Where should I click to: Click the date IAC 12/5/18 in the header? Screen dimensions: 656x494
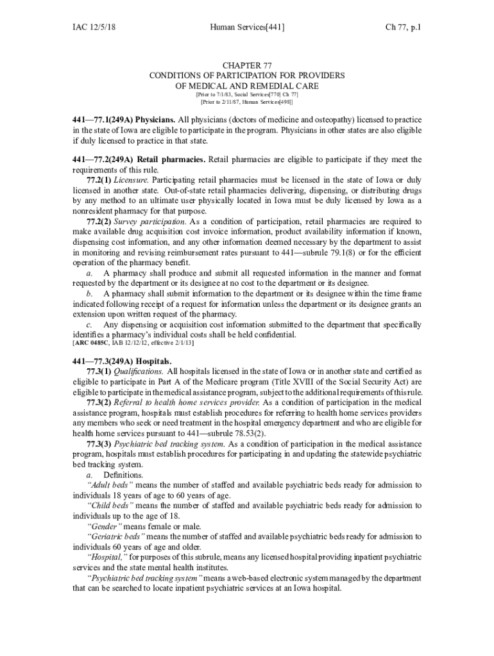click(x=98, y=28)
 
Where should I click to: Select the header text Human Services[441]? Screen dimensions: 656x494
click(x=247, y=28)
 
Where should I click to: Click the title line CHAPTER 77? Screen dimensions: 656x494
click(x=247, y=66)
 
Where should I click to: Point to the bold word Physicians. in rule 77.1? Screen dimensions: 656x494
click(x=155, y=120)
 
